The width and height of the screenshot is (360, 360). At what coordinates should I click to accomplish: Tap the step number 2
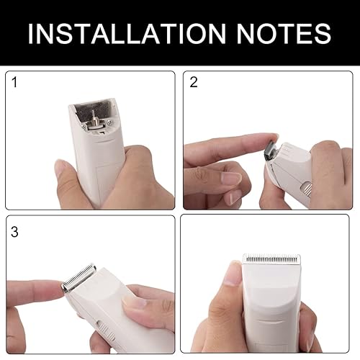[194, 82]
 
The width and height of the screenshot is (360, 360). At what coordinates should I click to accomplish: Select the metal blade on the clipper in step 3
[78, 279]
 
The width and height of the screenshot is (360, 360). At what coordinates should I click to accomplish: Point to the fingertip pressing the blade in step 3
[58, 287]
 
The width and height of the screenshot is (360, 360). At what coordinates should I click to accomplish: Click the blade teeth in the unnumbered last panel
[269, 257]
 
